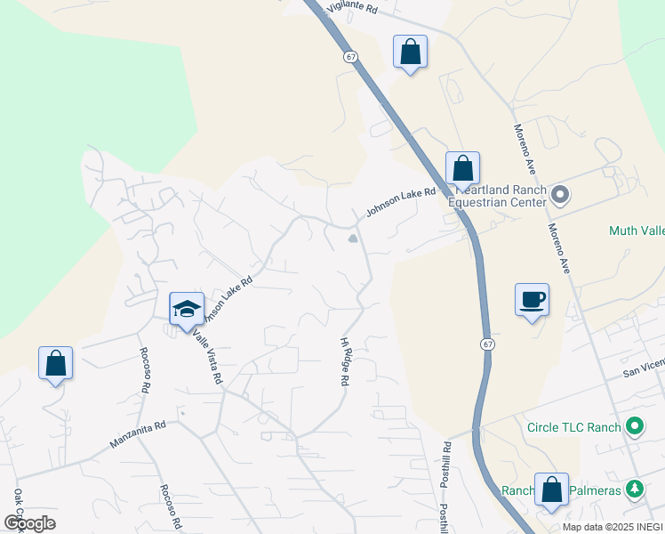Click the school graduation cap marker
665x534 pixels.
tap(187, 309)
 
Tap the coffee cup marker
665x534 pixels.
tap(532, 300)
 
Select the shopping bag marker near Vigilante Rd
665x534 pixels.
tap(410, 52)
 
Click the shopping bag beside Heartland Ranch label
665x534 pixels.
tap(462, 167)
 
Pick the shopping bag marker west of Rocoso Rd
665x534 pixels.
tap(55, 363)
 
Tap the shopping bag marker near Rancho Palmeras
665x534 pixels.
tap(551, 489)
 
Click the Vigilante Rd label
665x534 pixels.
tap(353, 8)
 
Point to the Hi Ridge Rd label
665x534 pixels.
tap(344, 361)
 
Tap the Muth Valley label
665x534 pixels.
tap(637, 231)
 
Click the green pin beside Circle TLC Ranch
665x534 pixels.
tap(634, 427)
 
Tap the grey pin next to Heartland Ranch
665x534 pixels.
tap(560, 193)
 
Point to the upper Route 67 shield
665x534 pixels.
tap(352, 56)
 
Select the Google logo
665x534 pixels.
tap(29, 522)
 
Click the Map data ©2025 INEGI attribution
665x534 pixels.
tap(612, 527)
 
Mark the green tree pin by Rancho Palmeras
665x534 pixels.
tap(634, 489)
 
